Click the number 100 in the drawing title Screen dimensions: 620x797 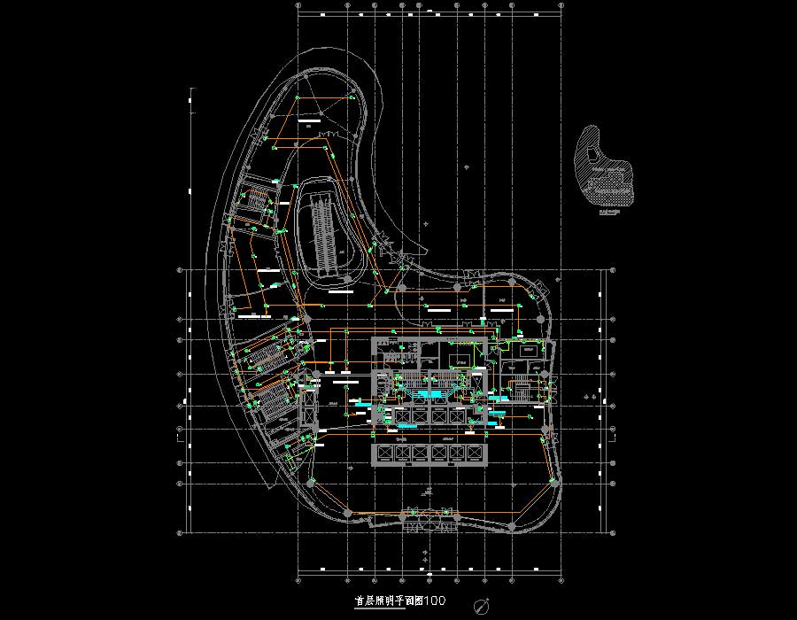point(434,601)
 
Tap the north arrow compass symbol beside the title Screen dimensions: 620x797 point(482,607)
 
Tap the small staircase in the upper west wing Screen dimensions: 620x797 point(256,200)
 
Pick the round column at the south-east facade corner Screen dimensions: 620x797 point(512,526)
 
